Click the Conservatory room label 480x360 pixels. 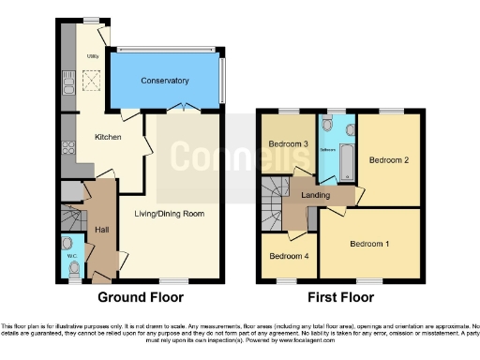click(165, 82)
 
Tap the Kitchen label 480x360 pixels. click(109, 137)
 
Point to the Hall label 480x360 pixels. click(101, 228)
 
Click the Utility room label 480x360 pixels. click(93, 56)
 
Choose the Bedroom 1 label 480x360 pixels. click(370, 245)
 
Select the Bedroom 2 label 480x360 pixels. click(388, 160)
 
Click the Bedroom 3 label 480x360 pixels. click(290, 143)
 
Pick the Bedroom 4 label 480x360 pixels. click(287, 256)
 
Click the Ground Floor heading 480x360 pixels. click(141, 297)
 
